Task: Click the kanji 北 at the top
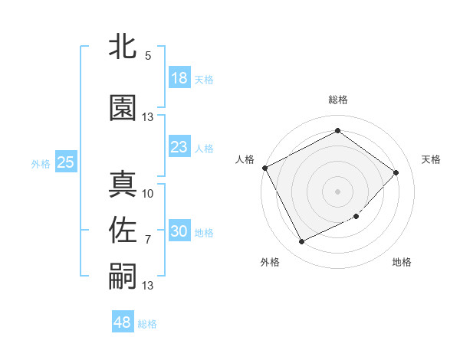[123, 46]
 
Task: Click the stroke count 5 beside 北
[147, 56]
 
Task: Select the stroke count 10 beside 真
[148, 193]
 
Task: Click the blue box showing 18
[179, 78]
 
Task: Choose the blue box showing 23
[179, 147]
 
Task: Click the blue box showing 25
[65, 162]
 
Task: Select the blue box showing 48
[123, 322]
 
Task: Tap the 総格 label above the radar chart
[337, 100]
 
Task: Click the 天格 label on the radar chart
[431, 159]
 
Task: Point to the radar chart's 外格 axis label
[270, 262]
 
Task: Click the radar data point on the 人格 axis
[264, 168]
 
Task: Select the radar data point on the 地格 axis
[357, 217]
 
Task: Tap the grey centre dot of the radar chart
[337, 191]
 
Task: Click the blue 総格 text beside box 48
[148, 324]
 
